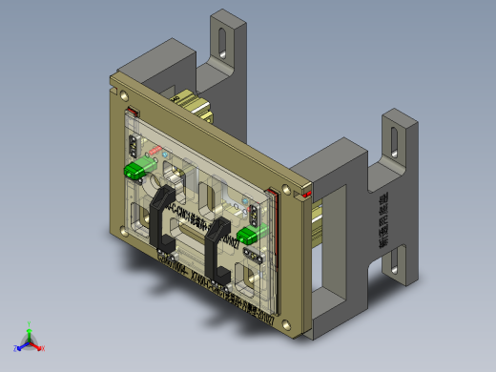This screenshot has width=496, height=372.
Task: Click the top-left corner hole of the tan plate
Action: click(x=124, y=93)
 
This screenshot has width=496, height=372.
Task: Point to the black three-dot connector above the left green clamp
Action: click(x=132, y=146)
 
